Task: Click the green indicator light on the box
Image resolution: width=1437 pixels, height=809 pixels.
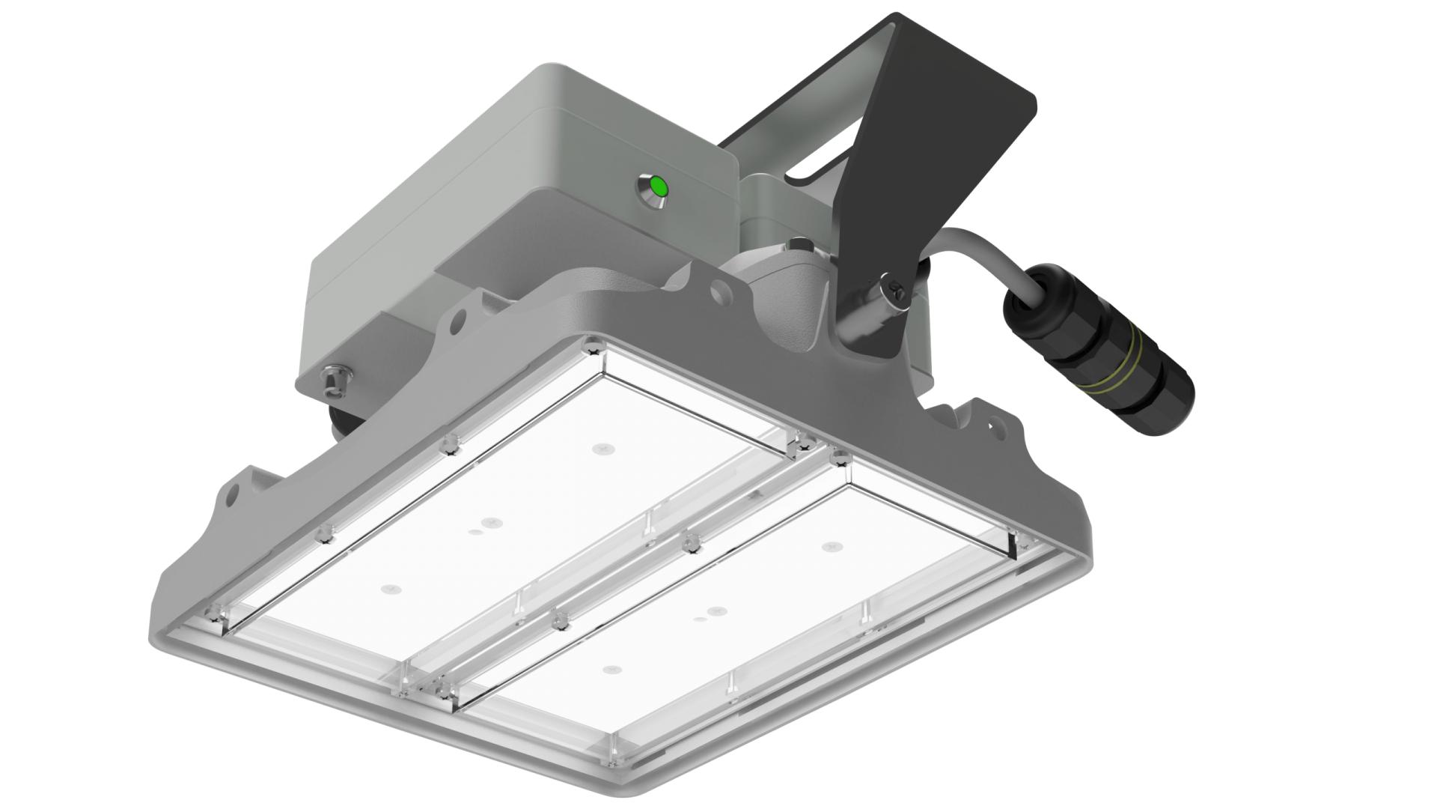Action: [x=659, y=186]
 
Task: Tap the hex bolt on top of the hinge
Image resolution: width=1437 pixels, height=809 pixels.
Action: [x=799, y=245]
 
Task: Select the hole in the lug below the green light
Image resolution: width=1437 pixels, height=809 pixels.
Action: [x=720, y=288]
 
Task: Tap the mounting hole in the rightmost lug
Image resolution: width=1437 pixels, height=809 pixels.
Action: [x=995, y=428]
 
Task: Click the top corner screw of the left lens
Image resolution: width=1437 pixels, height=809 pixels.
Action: [x=594, y=347]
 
